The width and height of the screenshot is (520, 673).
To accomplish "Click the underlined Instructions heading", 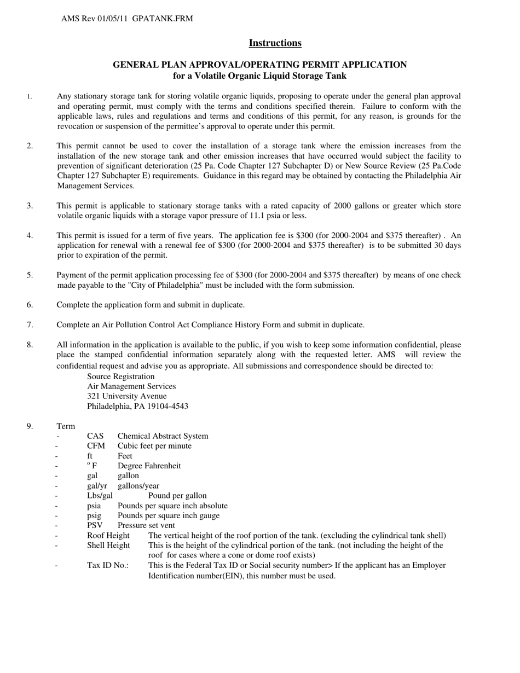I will click(x=275, y=43).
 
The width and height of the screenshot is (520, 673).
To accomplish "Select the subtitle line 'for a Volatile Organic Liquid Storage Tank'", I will click(x=259, y=76).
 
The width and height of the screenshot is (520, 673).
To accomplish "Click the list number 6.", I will click(x=30, y=305).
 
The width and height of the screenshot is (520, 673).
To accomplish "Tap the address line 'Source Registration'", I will click(x=120, y=376).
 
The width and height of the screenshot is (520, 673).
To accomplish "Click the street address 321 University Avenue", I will click(x=127, y=396).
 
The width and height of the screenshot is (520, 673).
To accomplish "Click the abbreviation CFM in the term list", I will click(x=96, y=446).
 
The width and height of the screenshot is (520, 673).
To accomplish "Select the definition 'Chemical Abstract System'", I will click(x=163, y=436).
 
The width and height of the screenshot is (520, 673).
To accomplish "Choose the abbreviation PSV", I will click(x=95, y=525).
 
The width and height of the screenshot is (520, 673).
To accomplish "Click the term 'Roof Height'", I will click(x=108, y=535).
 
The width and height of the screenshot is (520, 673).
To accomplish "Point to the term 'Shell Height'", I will click(x=108, y=545).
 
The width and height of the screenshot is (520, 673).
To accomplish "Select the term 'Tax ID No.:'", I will click(x=108, y=565).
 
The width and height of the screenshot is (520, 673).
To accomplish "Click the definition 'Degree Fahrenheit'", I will click(x=149, y=466).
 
